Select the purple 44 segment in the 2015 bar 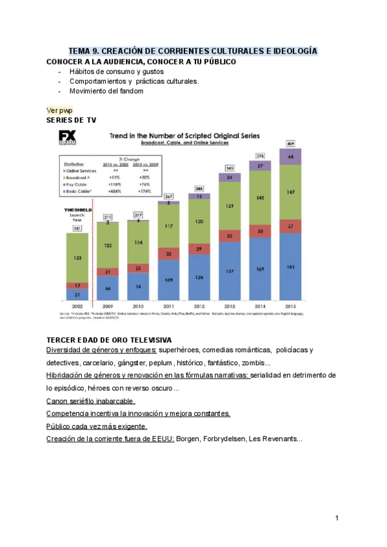point(290,157)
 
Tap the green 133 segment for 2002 point(77,257)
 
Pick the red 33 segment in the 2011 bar point(168,254)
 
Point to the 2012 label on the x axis point(199,306)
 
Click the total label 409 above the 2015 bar point(290,143)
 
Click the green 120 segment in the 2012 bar point(199,221)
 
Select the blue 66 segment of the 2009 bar point(107,288)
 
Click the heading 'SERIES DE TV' point(72,121)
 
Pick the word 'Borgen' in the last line point(190,439)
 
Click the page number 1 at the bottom point(337,518)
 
